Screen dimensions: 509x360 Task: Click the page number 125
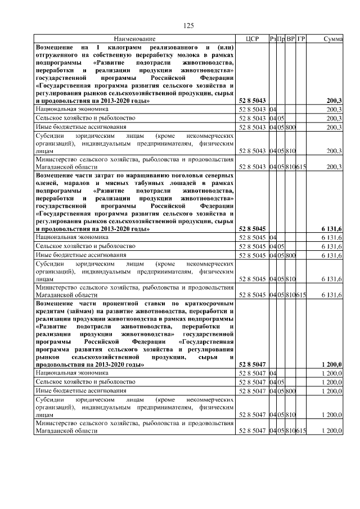coord(188,25)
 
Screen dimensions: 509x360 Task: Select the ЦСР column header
coord(252,39)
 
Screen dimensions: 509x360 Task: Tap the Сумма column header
coord(334,39)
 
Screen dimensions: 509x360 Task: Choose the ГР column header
coord(301,39)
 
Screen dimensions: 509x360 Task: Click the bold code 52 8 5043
coord(252,101)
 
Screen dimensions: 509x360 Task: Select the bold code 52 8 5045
coord(252,229)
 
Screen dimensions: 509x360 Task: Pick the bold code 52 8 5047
coord(252,365)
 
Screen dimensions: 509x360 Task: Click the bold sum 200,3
coord(335,101)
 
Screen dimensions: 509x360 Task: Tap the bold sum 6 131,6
coord(332,229)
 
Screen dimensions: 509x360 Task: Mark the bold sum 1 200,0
coord(332,365)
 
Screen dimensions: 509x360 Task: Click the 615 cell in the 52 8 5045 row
coord(301,294)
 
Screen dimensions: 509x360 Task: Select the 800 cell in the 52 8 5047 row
coord(291,391)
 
